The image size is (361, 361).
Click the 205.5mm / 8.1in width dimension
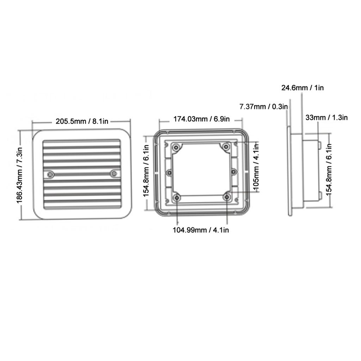82,122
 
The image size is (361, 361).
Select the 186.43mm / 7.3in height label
20,175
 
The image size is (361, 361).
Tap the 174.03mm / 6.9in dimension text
201,119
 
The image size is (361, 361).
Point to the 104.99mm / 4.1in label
201,230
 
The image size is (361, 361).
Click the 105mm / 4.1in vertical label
256,167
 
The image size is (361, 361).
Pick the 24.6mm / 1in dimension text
302,87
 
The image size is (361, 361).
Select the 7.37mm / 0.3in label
263,106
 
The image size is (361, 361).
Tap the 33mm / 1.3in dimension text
326,117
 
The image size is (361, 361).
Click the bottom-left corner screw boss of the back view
177,198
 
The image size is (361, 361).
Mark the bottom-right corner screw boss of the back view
227,198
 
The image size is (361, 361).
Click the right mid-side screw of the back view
233,172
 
